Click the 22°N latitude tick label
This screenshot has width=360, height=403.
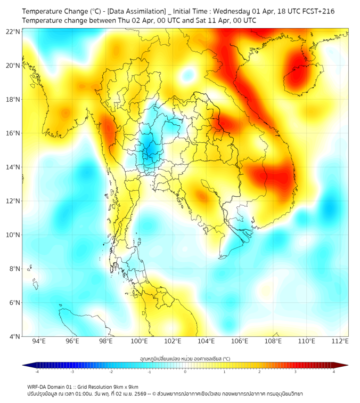click(13, 31)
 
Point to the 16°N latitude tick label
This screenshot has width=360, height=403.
click(13, 133)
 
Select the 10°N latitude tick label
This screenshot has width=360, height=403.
click(13, 235)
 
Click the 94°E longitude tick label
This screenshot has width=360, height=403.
click(38, 341)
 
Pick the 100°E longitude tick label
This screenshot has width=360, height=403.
click(139, 341)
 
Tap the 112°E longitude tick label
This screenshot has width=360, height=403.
click(340, 341)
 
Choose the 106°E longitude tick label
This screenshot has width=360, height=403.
click(240, 341)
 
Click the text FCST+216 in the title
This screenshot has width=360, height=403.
click(318, 11)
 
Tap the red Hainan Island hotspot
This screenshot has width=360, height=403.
click(297, 69)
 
